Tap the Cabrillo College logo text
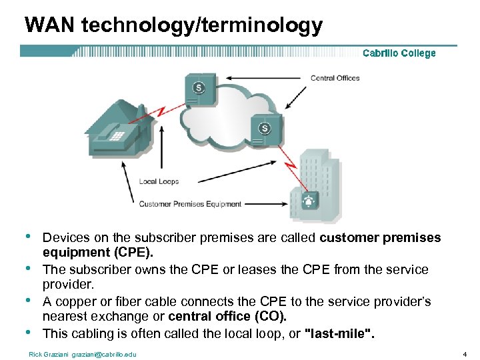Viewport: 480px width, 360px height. tap(399, 53)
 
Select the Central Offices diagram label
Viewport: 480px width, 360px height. tap(335, 78)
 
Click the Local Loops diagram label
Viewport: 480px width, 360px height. tap(159, 181)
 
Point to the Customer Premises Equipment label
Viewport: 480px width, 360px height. tap(190, 204)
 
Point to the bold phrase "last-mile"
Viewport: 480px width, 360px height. tap(339, 333)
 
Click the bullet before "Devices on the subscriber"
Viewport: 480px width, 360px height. tap(27, 237)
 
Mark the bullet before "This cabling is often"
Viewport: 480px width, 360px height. tap(27, 331)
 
